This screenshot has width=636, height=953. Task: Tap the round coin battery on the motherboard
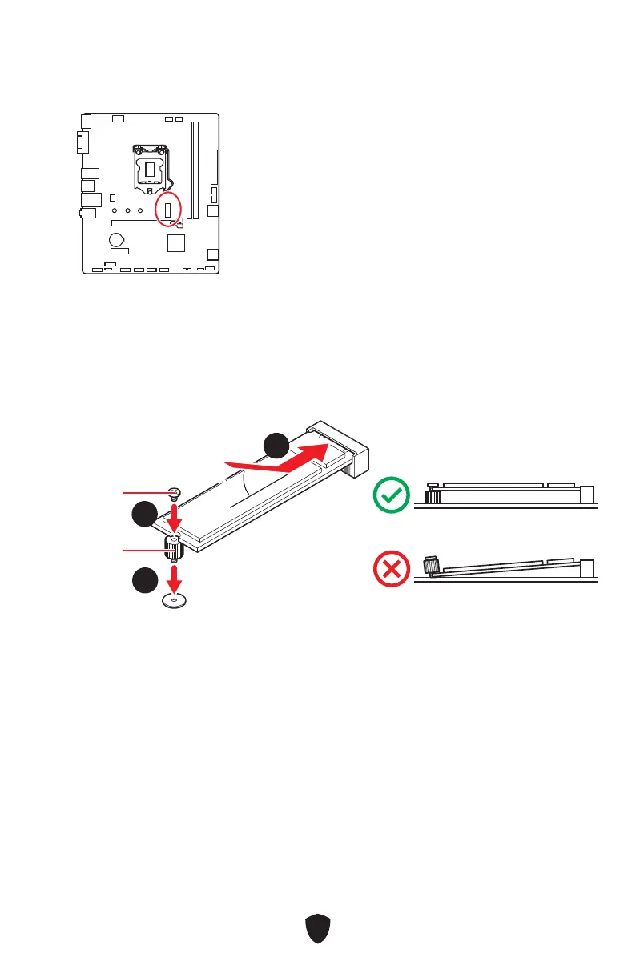point(118,238)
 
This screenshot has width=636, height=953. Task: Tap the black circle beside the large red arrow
point(276,445)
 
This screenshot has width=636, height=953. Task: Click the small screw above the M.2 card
point(174,493)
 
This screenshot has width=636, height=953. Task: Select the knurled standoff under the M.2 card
point(175,548)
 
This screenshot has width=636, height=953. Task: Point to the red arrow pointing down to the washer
point(174,575)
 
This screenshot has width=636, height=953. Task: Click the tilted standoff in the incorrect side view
point(431,566)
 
